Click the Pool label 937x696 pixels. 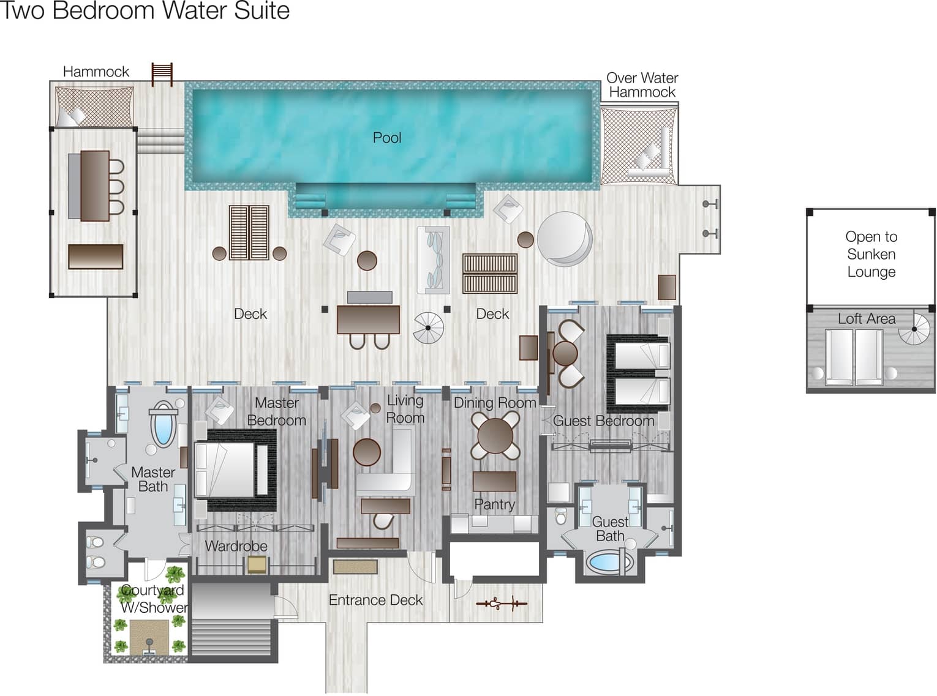(x=386, y=138)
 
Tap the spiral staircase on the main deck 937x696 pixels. (x=428, y=327)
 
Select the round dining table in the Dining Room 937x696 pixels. (x=495, y=435)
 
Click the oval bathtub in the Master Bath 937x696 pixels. (x=164, y=424)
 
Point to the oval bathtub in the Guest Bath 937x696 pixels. (x=609, y=563)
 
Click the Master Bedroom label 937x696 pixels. (x=276, y=411)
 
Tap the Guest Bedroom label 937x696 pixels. (x=603, y=421)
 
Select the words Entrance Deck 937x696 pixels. (x=375, y=600)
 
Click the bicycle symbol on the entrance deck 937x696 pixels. (x=502, y=604)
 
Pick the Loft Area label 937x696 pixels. (x=867, y=318)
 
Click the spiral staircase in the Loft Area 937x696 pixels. (x=914, y=329)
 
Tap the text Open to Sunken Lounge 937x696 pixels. (x=871, y=254)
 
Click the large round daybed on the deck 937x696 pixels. (x=565, y=239)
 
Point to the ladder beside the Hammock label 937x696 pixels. (x=162, y=74)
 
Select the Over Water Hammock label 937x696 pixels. (x=642, y=85)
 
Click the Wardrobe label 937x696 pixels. (x=236, y=546)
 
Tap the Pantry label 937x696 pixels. (x=495, y=504)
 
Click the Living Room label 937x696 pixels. (x=405, y=409)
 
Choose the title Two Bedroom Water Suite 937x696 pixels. (x=145, y=10)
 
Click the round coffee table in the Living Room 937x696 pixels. (x=367, y=452)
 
